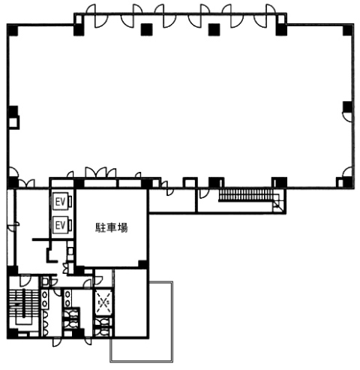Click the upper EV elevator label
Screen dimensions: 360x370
60,202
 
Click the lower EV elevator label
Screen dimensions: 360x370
60,225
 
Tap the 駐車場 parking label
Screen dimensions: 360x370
112,228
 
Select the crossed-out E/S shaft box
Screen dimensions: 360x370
103,302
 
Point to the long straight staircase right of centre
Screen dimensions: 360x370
246,194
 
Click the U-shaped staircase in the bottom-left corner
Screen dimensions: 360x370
24,307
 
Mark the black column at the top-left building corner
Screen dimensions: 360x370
13,30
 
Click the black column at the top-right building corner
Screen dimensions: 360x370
348,30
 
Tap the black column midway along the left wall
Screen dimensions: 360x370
13,111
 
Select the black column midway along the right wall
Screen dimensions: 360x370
348,107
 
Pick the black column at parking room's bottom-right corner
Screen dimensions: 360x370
142,264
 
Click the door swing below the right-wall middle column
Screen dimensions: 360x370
346,117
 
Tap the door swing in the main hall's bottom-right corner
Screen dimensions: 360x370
347,172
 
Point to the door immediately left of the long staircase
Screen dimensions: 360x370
203,194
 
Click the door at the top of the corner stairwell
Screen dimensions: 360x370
25,281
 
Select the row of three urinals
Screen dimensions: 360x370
45,323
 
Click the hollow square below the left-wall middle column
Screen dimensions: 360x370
13,122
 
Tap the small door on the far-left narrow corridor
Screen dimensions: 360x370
13,227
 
